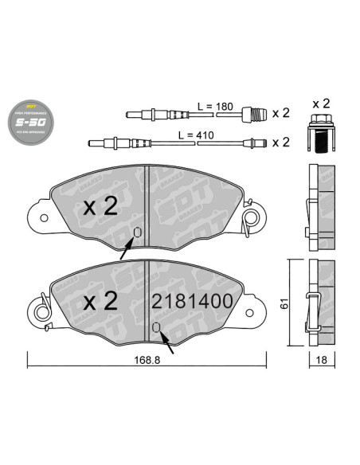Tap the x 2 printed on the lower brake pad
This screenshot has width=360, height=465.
101,301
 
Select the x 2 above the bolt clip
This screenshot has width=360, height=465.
321,104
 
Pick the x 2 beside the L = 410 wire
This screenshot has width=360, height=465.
280,143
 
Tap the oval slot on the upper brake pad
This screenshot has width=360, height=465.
137,233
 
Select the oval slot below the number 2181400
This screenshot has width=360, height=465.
156,328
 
